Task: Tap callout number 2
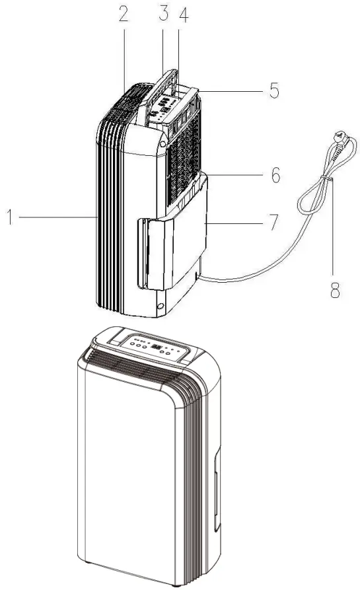(x=124, y=16)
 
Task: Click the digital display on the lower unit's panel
(x=155, y=346)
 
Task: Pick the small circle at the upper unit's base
(x=160, y=305)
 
